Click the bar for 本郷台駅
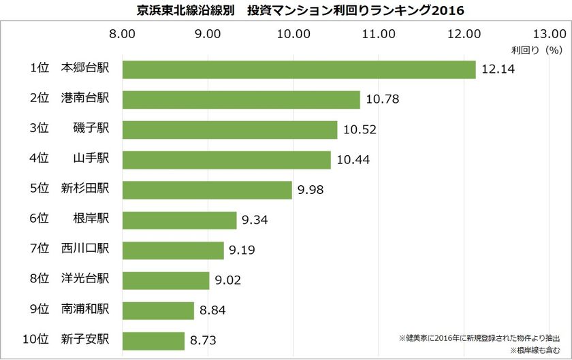(x=298, y=69)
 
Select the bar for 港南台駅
(x=240, y=100)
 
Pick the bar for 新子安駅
(x=153, y=341)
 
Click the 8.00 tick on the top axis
(x=121, y=33)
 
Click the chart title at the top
(x=286, y=11)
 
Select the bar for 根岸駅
(x=179, y=220)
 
